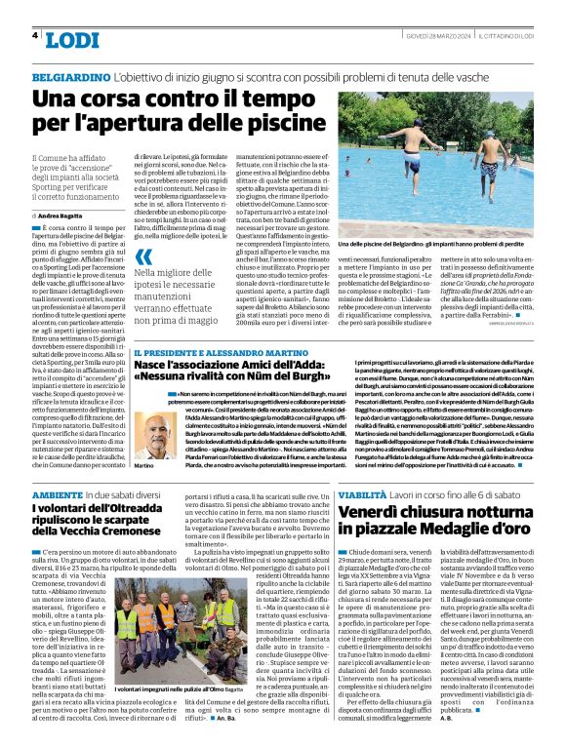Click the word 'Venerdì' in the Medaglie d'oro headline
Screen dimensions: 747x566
pyautogui.click(x=375, y=513)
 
